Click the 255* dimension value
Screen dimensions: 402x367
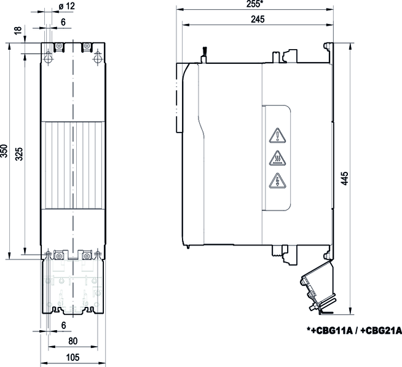point(255,4)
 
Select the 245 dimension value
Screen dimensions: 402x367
point(258,20)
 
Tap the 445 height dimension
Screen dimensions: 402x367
point(345,179)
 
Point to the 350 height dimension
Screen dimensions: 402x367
point(4,152)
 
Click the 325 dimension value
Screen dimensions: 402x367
point(19,154)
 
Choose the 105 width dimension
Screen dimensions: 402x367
point(73,357)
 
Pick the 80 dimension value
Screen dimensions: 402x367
point(73,341)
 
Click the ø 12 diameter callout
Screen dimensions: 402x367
point(66,6)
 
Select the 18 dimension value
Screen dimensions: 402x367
point(18,30)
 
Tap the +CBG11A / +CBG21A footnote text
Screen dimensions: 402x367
point(354,331)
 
